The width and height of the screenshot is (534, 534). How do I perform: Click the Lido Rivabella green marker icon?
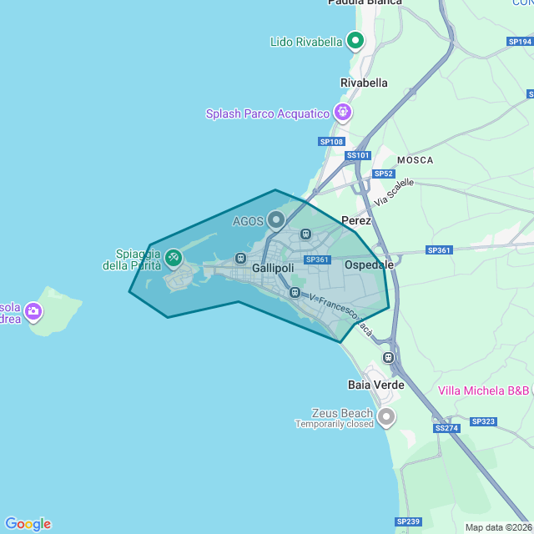click(x=355, y=40)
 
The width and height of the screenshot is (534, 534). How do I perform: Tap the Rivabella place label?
click(x=364, y=83)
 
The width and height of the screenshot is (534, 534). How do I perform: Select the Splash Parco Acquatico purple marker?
click(x=342, y=111)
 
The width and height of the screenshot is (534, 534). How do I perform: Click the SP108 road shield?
click(x=331, y=142)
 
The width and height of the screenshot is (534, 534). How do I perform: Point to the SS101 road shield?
click(x=357, y=155)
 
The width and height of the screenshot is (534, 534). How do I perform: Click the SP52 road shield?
click(x=383, y=174)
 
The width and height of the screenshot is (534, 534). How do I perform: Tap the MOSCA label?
click(x=415, y=159)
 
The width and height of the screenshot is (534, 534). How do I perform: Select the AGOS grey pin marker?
click(x=275, y=220)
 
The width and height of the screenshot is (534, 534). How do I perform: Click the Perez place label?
click(x=356, y=220)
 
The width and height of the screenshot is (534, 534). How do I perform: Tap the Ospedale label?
click(x=369, y=264)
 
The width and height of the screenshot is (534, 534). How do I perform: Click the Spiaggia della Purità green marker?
click(x=174, y=258)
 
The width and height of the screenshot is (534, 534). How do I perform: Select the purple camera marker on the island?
click(x=34, y=312)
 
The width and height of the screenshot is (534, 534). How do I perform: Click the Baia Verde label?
click(x=375, y=385)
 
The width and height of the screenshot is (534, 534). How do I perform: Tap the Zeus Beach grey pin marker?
click(x=385, y=416)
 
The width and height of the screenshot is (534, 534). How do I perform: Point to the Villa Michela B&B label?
click(x=484, y=390)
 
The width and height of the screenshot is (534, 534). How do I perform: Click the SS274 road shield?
click(x=446, y=428)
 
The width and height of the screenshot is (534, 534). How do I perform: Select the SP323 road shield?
click(x=483, y=421)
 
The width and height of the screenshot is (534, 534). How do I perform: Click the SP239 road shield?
click(x=408, y=521)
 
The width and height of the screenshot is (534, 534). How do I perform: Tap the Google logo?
click(x=28, y=524)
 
